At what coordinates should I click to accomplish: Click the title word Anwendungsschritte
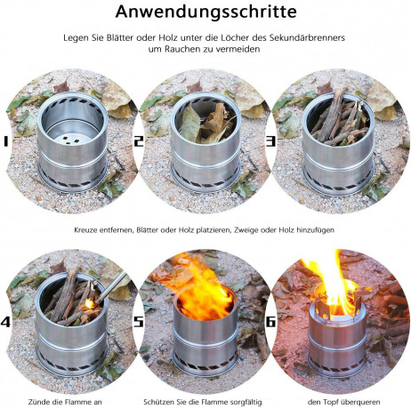[205, 13]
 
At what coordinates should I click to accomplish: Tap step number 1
[8, 140]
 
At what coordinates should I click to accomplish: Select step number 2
[139, 140]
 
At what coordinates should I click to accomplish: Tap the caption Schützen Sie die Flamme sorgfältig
[205, 401]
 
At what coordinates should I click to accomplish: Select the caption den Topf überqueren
[343, 401]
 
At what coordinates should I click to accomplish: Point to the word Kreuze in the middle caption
[90, 229]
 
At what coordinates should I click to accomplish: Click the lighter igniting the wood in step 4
[104, 285]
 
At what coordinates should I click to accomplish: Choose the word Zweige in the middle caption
[255, 229]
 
